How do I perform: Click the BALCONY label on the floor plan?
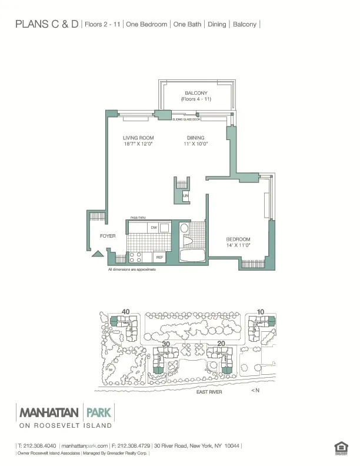195,94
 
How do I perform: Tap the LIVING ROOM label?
138,138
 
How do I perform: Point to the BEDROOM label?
238,239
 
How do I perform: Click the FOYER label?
107,236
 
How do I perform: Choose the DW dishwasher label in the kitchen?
154,228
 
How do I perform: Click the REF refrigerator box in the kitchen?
158,257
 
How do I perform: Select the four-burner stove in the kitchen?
135,257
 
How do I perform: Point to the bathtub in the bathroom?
191,257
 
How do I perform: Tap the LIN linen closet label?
185,195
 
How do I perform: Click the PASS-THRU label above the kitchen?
138,218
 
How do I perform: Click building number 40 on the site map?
125,312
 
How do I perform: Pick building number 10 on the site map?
261,312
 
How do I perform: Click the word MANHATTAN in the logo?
49,411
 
